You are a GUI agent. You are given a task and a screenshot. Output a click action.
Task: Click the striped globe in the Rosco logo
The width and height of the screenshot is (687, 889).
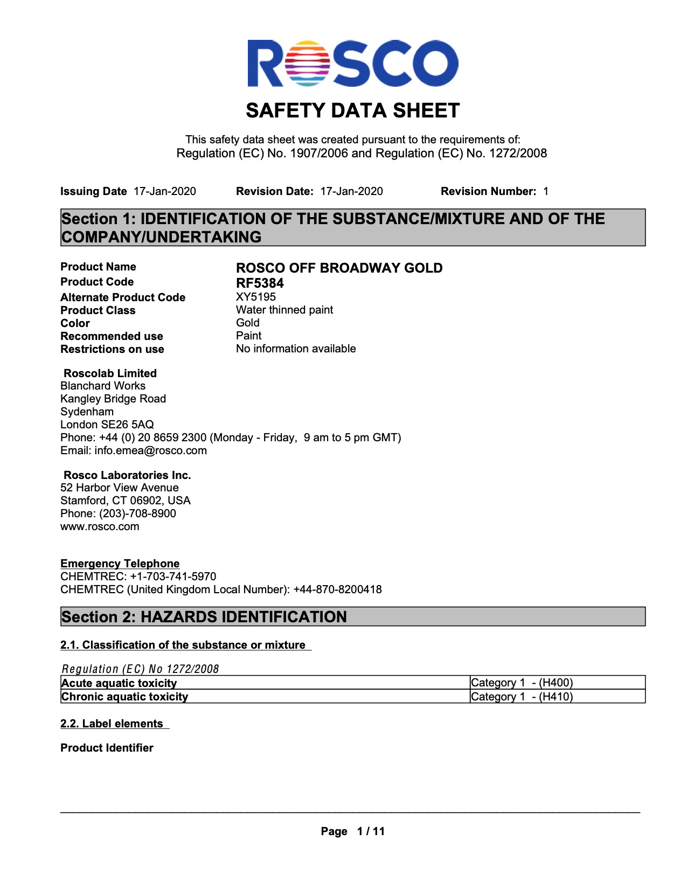(x=309, y=63)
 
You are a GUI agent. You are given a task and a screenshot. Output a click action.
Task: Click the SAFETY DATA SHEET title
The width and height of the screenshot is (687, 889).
(x=352, y=111)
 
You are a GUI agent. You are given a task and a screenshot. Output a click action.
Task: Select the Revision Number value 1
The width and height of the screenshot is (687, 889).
(x=546, y=191)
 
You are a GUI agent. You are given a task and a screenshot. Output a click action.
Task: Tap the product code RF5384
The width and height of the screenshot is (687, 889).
(x=260, y=283)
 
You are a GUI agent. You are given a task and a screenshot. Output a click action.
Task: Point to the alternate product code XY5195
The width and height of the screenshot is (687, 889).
(x=256, y=297)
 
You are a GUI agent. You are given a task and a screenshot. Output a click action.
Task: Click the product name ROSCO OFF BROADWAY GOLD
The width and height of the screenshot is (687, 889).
(x=339, y=268)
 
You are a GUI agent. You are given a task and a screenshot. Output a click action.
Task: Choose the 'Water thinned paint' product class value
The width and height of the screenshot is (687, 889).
(x=284, y=310)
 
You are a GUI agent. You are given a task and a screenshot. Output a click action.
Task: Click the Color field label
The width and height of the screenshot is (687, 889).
(x=75, y=323)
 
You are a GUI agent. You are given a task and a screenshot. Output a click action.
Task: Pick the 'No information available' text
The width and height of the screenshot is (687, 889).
(x=296, y=349)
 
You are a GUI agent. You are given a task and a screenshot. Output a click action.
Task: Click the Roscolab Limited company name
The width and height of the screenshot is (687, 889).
(x=110, y=373)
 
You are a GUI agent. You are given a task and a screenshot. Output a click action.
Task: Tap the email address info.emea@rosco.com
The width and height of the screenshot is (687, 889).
(x=150, y=450)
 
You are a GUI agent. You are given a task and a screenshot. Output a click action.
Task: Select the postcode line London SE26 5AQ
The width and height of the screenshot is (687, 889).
(x=107, y=425)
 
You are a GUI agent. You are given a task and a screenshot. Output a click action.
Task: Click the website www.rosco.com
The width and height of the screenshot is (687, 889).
(x=100, y=526)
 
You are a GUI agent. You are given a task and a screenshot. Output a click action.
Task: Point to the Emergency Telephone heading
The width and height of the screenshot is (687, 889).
(x=120, y=564)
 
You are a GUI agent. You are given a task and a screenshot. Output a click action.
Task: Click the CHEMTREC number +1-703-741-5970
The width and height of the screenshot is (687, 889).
(x=173, y=577)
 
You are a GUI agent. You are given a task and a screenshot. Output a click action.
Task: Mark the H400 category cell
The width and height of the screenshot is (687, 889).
(x=522, y=683)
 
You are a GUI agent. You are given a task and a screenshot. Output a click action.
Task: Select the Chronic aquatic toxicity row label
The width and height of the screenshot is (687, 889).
(x=124, y=697)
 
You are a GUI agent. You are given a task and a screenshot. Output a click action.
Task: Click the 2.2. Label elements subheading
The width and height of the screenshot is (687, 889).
(x=112, y=724)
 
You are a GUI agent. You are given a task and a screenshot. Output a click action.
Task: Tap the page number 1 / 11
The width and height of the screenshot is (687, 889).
(x=371, y=831)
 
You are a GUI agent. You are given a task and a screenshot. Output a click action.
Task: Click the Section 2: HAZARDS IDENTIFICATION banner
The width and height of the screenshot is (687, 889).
(x=352, y=617)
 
